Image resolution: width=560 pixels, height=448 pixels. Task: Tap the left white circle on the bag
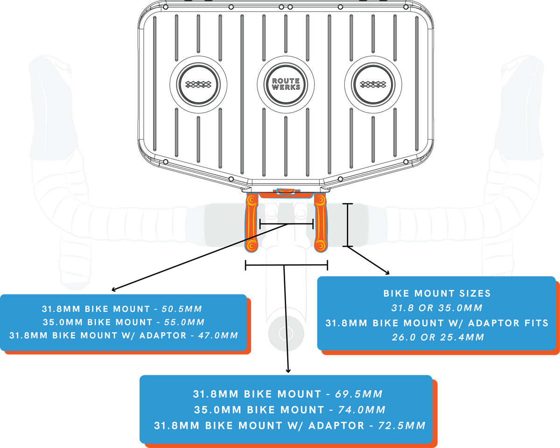[198, 84]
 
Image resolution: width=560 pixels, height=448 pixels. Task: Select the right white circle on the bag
[373, 84]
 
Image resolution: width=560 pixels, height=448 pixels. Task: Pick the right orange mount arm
[320, 223]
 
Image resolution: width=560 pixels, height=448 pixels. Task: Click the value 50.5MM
[182, 308]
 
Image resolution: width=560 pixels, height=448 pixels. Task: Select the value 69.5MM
[359, 394]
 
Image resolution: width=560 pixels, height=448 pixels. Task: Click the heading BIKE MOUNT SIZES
[437, 294]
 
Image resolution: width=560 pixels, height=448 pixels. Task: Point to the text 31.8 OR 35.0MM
[437, 308]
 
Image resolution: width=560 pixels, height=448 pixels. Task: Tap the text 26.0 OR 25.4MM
[437, 337]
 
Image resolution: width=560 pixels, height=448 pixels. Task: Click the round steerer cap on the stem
[286, 333]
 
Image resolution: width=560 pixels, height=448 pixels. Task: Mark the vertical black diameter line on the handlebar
[347, 224]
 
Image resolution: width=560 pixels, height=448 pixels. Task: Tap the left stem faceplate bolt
[270, 211]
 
